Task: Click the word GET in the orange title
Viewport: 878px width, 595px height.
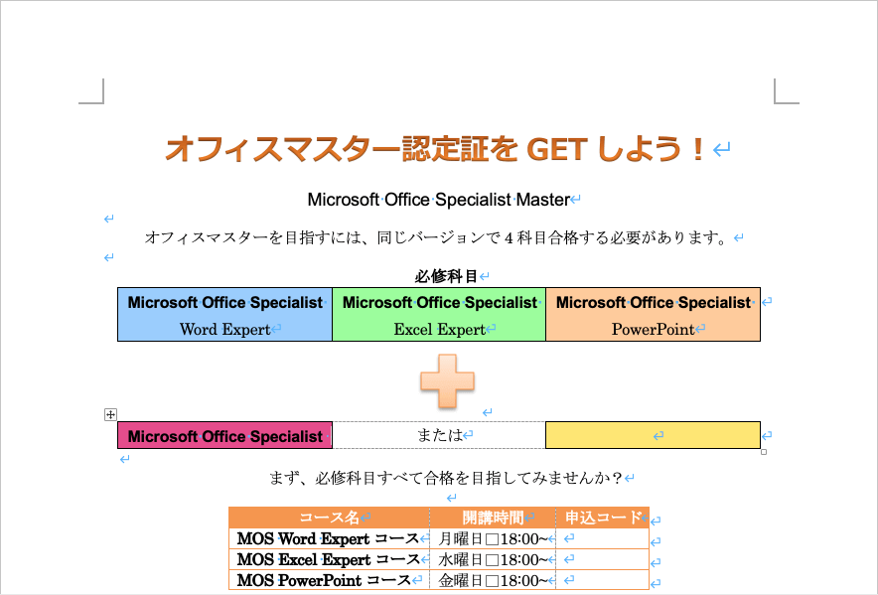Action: coord(557,150)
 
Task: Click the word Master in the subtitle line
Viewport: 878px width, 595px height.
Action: coord(543,200)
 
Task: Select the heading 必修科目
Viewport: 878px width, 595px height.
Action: coord(446,276)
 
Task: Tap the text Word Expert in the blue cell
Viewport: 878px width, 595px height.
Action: coord(225,330)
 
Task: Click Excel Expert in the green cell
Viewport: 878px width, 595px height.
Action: coord(440,330)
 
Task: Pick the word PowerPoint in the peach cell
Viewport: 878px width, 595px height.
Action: coord(653,330)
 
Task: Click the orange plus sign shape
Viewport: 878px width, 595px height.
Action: coord(447,381)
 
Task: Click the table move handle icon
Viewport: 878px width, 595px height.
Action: coord(111,414)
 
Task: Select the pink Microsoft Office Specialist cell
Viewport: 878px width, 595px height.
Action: coord(225,435)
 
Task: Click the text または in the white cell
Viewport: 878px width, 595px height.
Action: coord(440,435)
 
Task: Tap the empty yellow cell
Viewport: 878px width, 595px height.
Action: coord(653,435)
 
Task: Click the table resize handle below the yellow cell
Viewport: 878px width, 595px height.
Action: coord(764,452)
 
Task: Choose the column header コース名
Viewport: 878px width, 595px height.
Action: coord(330,518)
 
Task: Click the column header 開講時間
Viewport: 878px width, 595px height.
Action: coord(493,518)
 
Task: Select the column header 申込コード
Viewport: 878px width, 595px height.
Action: coord(603,518)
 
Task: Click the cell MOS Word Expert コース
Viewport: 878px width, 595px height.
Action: coord(328,539)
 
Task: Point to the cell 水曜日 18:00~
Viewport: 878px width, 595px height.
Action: coord(493,559)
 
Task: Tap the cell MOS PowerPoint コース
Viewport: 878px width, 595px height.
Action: coord(324,580)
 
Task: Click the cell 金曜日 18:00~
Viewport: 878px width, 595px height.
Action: coord(493,580)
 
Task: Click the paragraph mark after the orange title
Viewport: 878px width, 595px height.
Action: coord(722,150)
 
